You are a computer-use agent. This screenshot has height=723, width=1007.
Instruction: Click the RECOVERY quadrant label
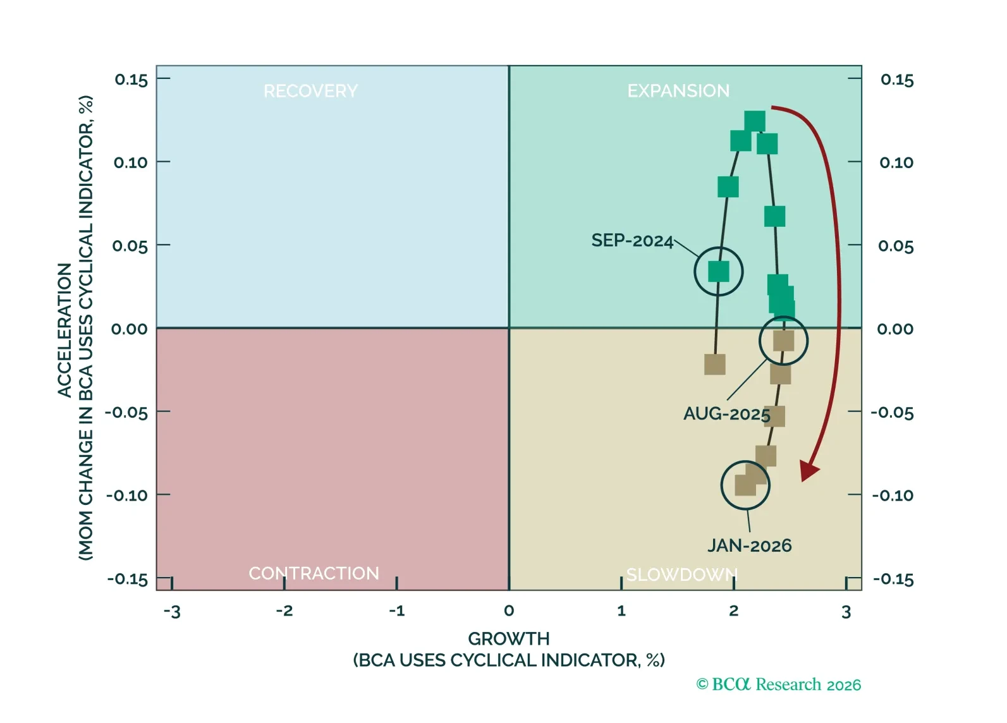pyautogui.click(x=310, y=91)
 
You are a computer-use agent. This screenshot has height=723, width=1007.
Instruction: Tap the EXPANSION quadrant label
pyautogui.click(x=678, y=91)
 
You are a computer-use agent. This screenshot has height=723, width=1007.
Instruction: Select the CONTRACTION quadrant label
pyautogui.click(x=314, y=573)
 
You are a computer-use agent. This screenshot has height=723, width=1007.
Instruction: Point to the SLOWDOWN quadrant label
pyautogui.click(x=681, y=574)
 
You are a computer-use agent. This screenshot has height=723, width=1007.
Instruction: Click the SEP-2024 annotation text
pyautogui.click(x=632, y=241)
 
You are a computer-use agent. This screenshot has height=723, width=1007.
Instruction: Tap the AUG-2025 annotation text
pyautogui.click(x=726, y=414)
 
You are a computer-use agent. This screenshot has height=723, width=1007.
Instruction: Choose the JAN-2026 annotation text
pyautogui.click(x=749, y=545)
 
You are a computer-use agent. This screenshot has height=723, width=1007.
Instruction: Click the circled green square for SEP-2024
pyautogui.click(x=718, y=272)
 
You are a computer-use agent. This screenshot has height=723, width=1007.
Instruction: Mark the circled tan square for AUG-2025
pyautogui.click(x=783, y=341)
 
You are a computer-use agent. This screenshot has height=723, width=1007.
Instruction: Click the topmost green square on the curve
pyautogui.click(x=755, y=121)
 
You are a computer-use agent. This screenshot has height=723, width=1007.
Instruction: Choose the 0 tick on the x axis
pyautogui.click(x=509, y=611)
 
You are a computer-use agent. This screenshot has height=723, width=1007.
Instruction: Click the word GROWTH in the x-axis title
pyautogui.click(x=509, y=638)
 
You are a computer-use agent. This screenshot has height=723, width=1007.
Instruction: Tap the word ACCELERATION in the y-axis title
pyautogui.click(x=64, y=330)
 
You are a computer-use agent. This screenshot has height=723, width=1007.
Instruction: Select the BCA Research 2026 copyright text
pyautogui.click(x=779, y=684)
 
